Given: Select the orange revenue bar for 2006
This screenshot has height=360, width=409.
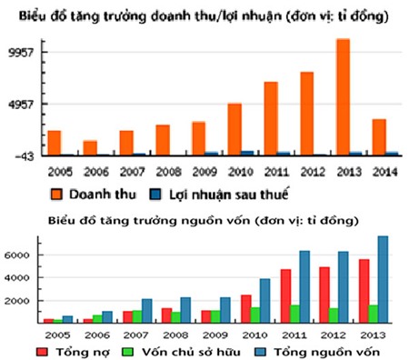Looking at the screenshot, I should coord(90,148).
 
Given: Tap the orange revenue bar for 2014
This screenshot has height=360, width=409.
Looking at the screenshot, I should coord(378,137).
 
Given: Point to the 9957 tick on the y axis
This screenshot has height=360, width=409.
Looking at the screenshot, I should coord(20,52).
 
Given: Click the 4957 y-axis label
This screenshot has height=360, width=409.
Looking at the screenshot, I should coord(20,104).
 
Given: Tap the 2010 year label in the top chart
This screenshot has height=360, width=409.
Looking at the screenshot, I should coord(240,171).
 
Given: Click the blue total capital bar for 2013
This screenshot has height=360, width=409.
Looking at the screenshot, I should coord(383,280).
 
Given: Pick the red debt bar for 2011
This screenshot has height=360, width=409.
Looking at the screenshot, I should coord(285,295).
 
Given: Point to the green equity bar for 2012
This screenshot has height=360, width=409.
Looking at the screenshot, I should coord(334,315).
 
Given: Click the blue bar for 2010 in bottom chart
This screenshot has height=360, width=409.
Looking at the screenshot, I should coord(265,301).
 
